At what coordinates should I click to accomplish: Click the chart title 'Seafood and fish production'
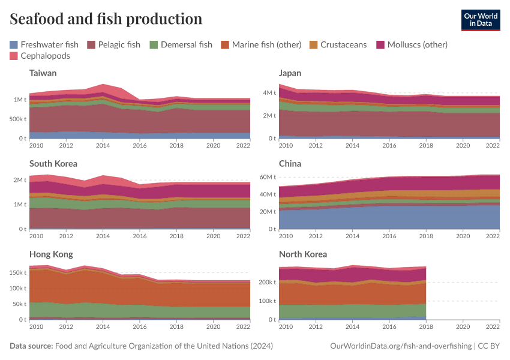[106, 19]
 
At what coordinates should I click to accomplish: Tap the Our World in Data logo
[480, 19]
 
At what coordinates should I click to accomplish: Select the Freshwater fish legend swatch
[14, 44]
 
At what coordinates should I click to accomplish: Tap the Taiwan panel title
[43, 73]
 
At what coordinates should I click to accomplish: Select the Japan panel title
[290, 73]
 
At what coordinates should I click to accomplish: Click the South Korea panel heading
[53, 163]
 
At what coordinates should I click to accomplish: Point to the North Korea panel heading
[303, 254]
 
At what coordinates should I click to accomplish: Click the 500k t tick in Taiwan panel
[17, 119]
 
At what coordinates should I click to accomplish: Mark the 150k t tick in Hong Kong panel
[17, 272]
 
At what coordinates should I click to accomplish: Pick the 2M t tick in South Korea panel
[19, 180]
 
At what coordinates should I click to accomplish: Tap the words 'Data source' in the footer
[31, 346]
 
